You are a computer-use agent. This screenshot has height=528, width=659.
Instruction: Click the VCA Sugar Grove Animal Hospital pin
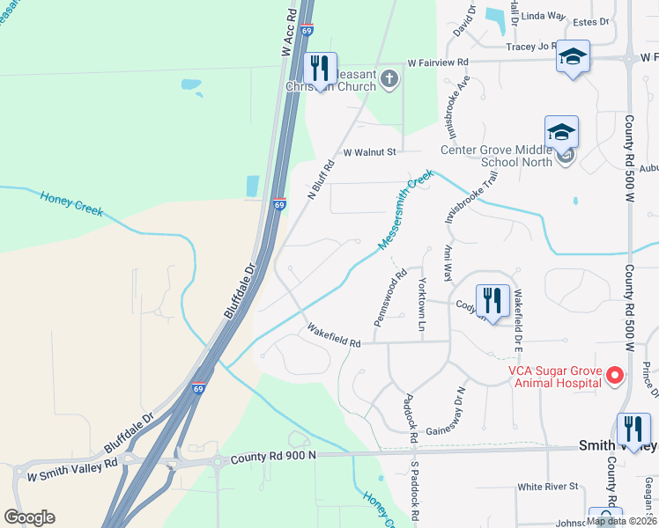coord(615,376)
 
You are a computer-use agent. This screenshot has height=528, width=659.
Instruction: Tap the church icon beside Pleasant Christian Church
coord(389,81)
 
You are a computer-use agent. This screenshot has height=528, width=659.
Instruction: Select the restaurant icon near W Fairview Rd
coord(318,67)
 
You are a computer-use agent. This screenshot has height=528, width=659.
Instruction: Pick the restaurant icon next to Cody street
coord(492,299)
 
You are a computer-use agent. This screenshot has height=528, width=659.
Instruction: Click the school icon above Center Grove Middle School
coord(561,133)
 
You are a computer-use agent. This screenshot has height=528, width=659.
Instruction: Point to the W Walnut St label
coord(372,152)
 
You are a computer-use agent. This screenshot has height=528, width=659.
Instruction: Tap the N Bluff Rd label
coord(322,179)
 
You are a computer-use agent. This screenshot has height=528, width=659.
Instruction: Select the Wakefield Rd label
coord(334,335)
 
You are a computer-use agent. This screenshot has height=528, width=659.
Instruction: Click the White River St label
coord(547,487)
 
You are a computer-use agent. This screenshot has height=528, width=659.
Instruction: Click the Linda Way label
coord(544,16)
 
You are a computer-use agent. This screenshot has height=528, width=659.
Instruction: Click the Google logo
coord(29,517)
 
